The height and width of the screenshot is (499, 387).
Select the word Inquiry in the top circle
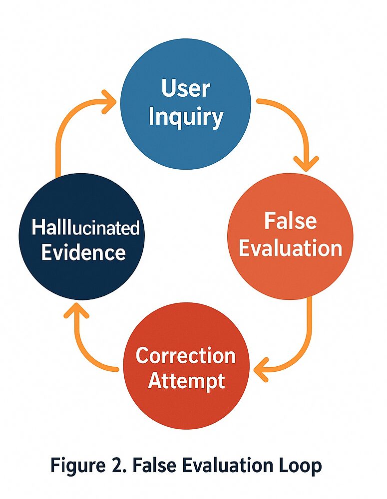click(x=186, y=117)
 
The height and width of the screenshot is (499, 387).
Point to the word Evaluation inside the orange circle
click(x=290, y=248)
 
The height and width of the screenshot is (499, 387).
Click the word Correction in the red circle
click(x=186, y=356)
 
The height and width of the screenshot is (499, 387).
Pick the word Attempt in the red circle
click(x=186, y=382)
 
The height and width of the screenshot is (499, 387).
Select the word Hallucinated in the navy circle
click(x=85, y=228)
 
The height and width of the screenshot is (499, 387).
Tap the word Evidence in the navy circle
click(x=83, y=252)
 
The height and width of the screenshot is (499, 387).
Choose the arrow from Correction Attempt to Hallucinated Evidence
click(x=85, y=349)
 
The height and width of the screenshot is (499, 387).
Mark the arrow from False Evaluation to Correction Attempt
click(x=300, y=344)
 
